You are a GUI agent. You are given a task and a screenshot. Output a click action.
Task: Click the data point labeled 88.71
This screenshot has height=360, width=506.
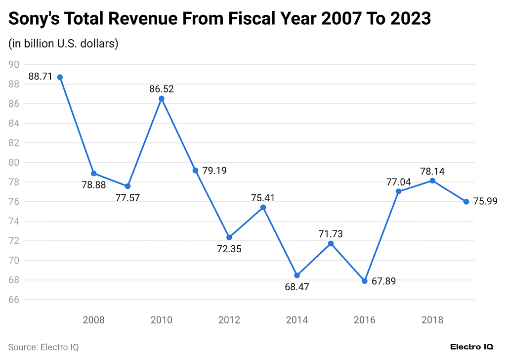click(x=60, y=77)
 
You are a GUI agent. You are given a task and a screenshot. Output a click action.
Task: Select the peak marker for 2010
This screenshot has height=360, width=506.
click(x=162, y=98)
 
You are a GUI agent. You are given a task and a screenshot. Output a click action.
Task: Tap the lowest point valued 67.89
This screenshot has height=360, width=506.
click(x=365, y=281)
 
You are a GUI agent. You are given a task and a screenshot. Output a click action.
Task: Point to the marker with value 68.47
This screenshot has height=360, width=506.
click(x=297, y=275)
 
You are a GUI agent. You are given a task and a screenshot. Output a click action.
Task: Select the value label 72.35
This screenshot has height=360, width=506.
click(x=229, y=249)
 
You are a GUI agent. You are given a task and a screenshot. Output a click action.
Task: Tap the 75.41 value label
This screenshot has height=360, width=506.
click(x=263, y=197)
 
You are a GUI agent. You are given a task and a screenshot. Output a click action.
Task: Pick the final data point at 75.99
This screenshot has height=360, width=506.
click(x=466, y=201)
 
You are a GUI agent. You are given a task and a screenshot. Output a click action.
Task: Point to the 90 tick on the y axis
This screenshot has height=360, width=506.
click(x=14, y=64)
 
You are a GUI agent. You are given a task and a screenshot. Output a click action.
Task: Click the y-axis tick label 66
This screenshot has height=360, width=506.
click(x=14, y=300)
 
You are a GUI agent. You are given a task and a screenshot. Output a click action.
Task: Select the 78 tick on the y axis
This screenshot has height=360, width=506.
click(x=14, y=182)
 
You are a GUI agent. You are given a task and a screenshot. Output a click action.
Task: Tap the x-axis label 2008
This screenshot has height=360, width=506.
click(x=93, y=320)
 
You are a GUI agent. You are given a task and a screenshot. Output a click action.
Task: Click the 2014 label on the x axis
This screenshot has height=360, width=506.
click(x=297, y=320)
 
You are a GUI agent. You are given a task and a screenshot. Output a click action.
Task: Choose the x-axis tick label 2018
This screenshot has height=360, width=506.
click(x=432, y=320)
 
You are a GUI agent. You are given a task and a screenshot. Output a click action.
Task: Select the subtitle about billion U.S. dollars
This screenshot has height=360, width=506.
click(x=63, y=44)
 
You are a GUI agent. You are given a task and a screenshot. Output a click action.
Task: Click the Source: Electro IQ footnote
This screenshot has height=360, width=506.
click(x=43, y=347)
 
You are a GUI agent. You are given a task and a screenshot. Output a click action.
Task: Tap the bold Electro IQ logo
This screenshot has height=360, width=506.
click(x=471, y=347)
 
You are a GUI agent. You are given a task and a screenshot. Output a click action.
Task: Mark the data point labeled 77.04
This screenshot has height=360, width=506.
click(x=398, y=191)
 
